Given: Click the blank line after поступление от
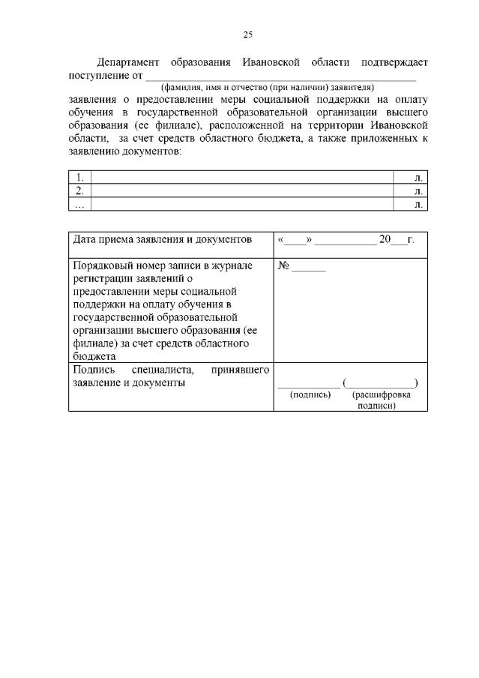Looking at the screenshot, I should point(280,76).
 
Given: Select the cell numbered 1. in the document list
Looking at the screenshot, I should point(79,177).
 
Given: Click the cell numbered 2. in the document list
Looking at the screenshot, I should point(79,190).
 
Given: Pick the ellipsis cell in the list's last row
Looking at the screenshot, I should point(79,203).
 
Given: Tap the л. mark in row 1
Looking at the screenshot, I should point(418,177).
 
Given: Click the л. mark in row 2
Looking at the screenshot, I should point(418,190).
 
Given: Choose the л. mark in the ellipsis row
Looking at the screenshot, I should point(418,203).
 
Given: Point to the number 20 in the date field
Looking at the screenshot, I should point(386,240).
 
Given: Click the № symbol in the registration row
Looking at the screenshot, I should point(283,265).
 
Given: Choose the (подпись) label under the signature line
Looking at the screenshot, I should point(310,394).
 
